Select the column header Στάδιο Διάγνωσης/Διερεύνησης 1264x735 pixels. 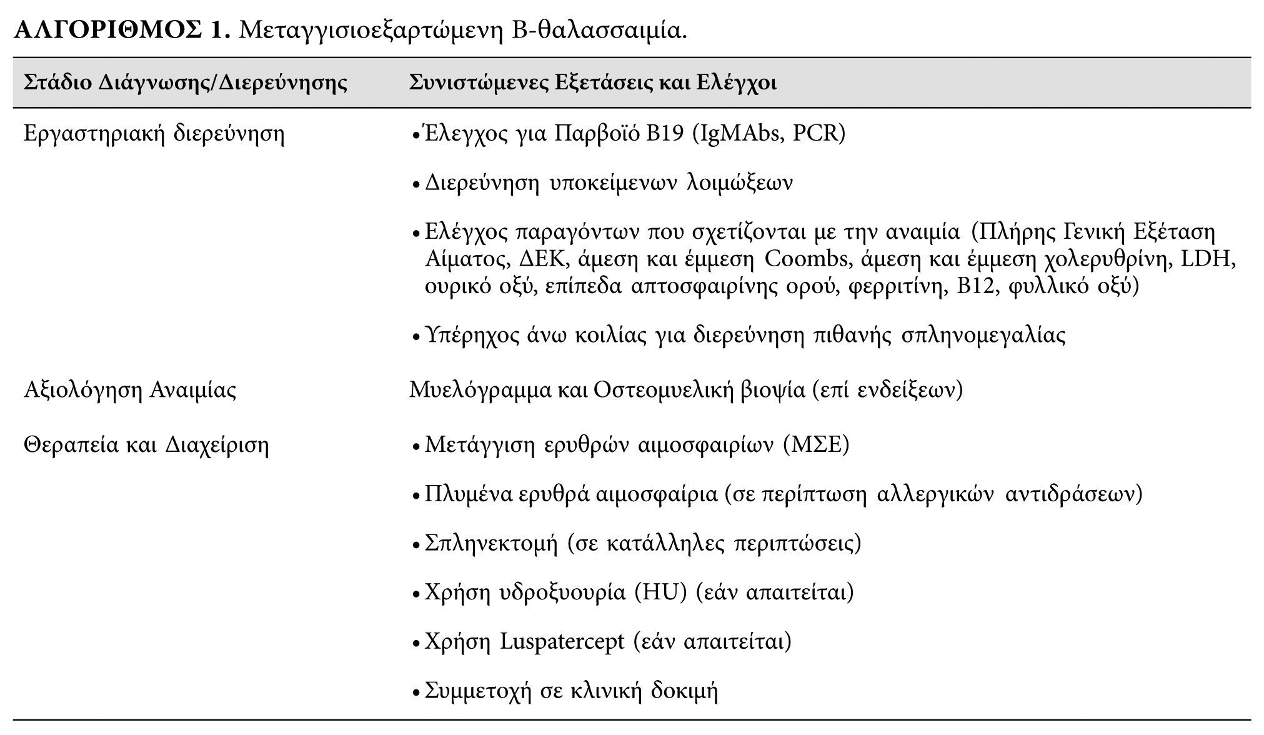186,82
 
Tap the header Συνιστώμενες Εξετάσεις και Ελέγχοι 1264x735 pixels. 593,82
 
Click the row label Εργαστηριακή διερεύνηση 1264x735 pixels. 154,134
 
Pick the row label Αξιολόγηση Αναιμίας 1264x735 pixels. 130,390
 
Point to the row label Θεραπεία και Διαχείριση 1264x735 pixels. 146,445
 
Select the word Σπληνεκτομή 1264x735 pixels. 491,542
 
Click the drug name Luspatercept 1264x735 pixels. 562,641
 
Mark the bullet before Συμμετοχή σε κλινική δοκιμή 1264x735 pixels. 417,693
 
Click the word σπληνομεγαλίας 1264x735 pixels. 983,336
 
